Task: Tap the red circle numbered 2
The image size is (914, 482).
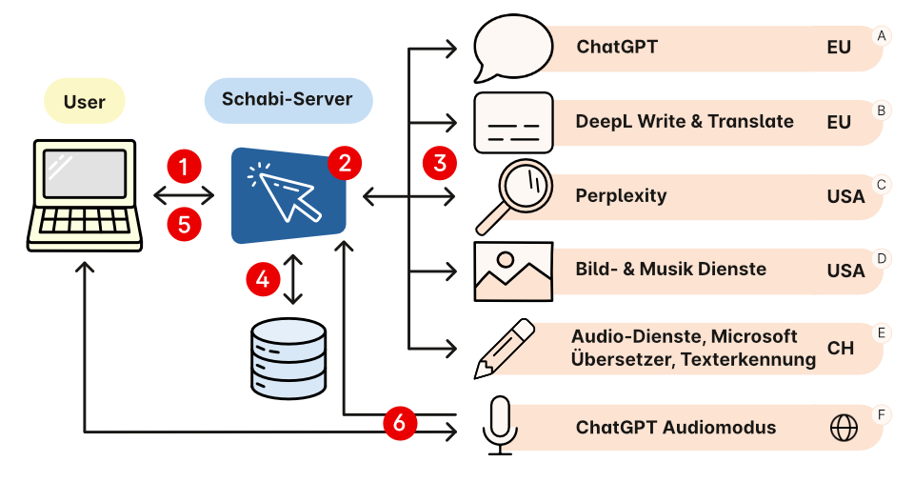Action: [344, 163]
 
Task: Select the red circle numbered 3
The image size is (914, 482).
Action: [439, 162]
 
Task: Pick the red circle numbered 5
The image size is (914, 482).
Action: [185, 225]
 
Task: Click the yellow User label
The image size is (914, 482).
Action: [84, 101]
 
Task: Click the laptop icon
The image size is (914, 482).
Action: [85, 195]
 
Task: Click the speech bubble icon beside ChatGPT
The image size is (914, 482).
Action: [513, 48]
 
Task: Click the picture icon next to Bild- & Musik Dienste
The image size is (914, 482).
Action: [513, 271]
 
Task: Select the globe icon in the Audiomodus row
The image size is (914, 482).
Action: [844, 428]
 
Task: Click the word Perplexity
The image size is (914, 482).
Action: [621, 195]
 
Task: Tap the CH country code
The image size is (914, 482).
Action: [840, 348]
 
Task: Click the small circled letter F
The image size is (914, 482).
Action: [882, 414]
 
